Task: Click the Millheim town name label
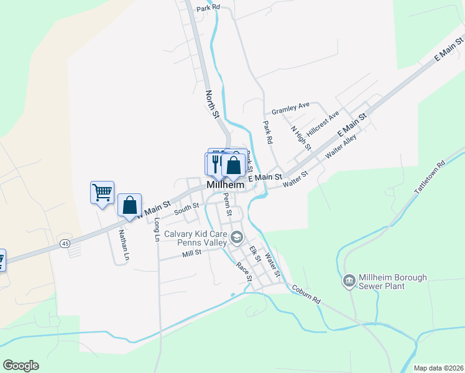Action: pos(225,185)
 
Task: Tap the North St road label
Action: pos(213,104)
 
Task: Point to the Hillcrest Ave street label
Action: pos(323,124)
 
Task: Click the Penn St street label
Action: pos(227,201)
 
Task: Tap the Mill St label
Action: pos(192,253)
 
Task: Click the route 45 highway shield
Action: pos(65,244)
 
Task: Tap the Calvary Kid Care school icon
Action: pos(236,237)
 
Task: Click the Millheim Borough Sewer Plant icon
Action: pos(349,282)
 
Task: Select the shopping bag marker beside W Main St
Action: pos(129,205)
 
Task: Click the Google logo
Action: pos(21,366)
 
